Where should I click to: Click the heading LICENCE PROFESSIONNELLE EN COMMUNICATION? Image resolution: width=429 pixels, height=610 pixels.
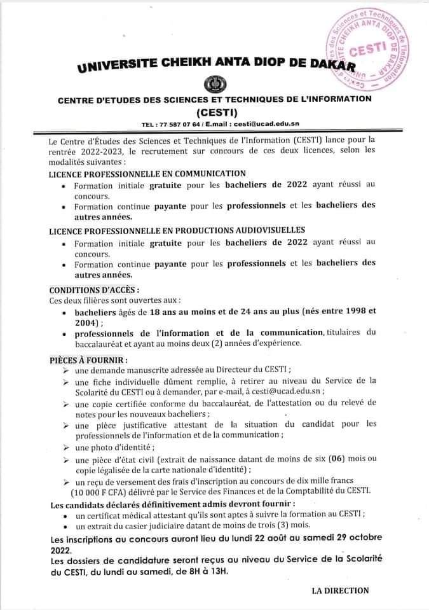point(147,173)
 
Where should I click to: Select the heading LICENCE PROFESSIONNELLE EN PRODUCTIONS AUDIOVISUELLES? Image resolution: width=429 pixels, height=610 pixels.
point(177,230)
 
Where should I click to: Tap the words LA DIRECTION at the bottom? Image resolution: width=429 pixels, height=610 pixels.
point(340,590)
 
